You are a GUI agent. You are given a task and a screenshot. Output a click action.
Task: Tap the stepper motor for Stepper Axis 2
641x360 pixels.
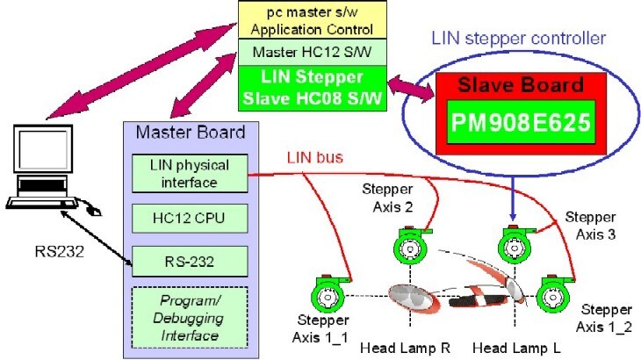pos(408,248)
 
